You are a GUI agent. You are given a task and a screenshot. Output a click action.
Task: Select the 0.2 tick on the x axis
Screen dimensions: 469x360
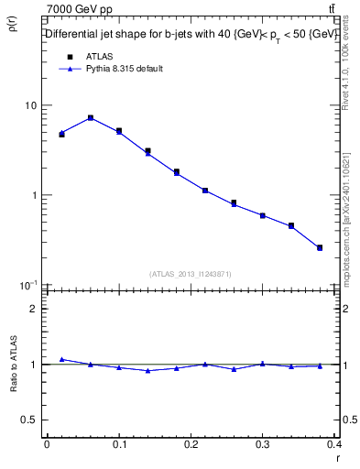(x=191, y=444)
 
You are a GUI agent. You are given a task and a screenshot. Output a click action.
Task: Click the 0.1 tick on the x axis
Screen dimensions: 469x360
(x=119, y=444)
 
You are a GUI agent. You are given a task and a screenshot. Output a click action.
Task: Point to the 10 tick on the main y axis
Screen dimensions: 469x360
(x=31, y=105)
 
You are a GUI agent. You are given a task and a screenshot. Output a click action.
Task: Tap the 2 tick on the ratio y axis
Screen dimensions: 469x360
(x=35, y=309)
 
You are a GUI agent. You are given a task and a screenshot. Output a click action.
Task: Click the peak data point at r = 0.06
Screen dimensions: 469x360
(x=90, y=118)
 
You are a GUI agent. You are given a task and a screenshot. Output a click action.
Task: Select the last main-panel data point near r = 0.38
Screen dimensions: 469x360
(x=320, y=247)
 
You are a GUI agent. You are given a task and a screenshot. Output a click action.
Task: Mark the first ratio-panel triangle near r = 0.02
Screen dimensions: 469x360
(x=61, y=359)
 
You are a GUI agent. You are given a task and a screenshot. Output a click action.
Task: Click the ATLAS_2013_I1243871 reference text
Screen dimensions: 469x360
(x=191, y=274)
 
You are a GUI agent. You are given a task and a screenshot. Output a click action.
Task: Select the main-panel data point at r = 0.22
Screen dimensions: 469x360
(x=205, y=191)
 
